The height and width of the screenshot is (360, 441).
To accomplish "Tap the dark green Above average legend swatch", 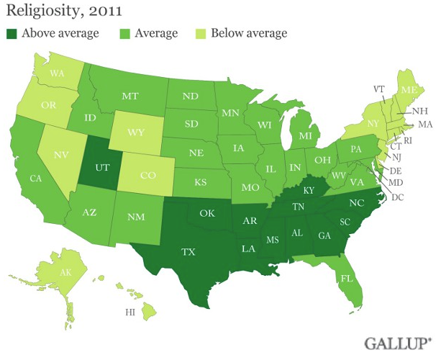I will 12,33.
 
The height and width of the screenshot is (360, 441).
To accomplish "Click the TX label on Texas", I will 188,252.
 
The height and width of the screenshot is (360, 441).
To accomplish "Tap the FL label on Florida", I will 345,277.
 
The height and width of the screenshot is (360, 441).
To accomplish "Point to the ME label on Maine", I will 409,89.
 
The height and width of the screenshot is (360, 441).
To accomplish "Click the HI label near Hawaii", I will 130,312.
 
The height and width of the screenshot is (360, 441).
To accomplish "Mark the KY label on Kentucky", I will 308,190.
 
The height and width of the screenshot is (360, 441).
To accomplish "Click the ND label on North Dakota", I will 192,95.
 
